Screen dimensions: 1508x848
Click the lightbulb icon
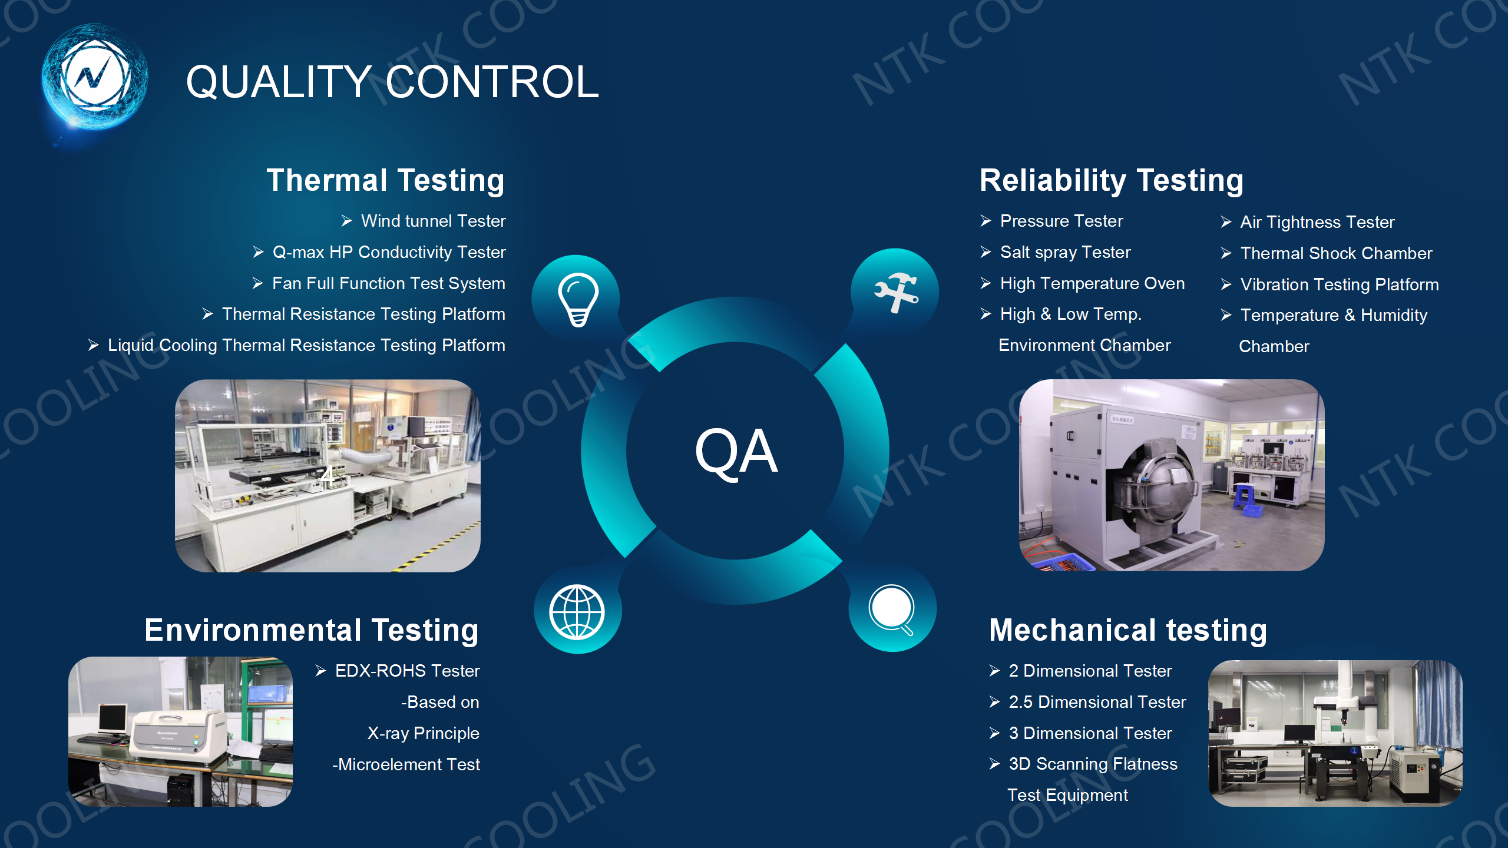coord(578,299)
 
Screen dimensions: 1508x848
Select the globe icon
coord(577,612)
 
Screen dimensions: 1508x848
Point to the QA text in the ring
coord(736,452)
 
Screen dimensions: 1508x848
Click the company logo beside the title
coord(94,77)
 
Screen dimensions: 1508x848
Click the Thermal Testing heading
coord(386,181)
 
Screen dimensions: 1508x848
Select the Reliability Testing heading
coord(1112,181)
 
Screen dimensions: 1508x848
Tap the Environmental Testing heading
coord(312,631)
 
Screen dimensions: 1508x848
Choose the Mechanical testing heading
coord(1128,631)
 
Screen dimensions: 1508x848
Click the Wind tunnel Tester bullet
coord(424,221)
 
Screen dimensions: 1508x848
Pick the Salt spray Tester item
coord(1056,253)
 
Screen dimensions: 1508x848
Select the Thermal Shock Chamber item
coord(1327,253)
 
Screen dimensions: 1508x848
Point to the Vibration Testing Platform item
coord(1330,284)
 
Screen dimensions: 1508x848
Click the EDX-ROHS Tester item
coord(398,671)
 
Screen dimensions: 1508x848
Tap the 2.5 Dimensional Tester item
coord(1087,702)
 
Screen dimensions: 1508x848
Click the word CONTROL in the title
coord(492,82)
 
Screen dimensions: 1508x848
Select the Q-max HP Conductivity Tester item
coord(379,253)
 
